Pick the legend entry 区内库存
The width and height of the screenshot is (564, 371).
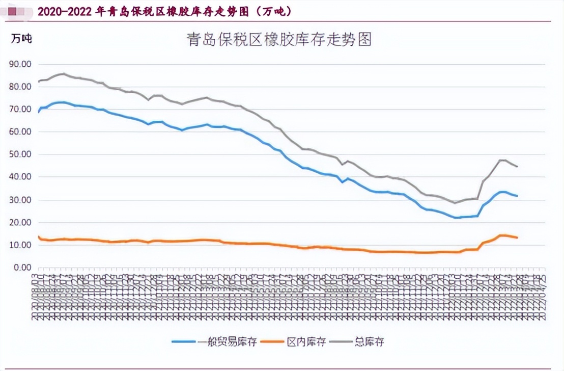point(306,342)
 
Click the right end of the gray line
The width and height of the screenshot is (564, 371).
point(517,166)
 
